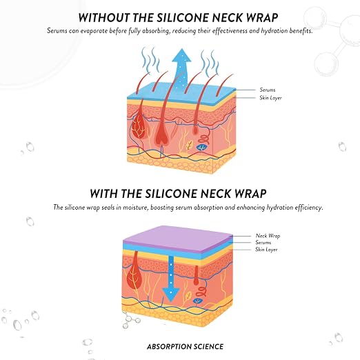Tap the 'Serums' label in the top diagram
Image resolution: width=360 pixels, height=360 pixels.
tap(268, 90)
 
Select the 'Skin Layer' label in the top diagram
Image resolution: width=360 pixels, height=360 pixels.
tap(270, 98)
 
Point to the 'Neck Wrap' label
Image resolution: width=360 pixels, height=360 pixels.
tap(268, 236)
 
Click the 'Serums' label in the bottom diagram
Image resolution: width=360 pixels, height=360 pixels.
tap(263, 242)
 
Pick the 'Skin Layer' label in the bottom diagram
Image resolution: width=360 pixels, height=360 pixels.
tap(266, 250)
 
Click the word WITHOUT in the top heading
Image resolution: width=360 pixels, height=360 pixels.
tap(103, 18)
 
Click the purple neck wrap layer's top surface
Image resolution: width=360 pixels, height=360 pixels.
tap(178, 237)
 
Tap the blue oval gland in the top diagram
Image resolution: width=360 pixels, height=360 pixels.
tap(202, 147)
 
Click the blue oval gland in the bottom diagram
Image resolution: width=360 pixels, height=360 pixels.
tap(197, 301)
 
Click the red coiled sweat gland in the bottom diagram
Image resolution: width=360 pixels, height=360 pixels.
tap(201, 292)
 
